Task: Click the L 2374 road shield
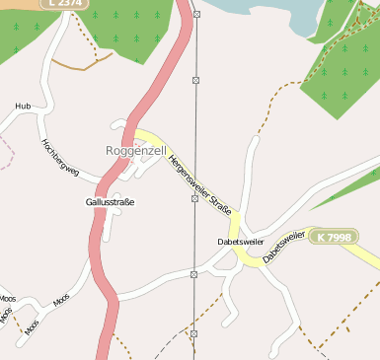[x=60, y=4]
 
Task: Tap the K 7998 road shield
[x=334, y=238]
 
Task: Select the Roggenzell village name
[x=134, y=151]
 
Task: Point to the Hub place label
[x=23, y=106]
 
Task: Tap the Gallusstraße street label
[x=110, y=202]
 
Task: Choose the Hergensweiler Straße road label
[x=199, y=183]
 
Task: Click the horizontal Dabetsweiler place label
[x=240, y=241]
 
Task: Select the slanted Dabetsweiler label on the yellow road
[x=285, y=247]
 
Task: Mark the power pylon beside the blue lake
[x=196, y=15]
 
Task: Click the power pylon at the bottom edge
[x=194, y=334]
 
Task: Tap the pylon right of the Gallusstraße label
[x=194, y=198]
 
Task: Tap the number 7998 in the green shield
[x=339, y=238]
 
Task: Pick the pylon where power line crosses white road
[x=194, y=274]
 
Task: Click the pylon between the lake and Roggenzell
[x=195, y=79]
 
